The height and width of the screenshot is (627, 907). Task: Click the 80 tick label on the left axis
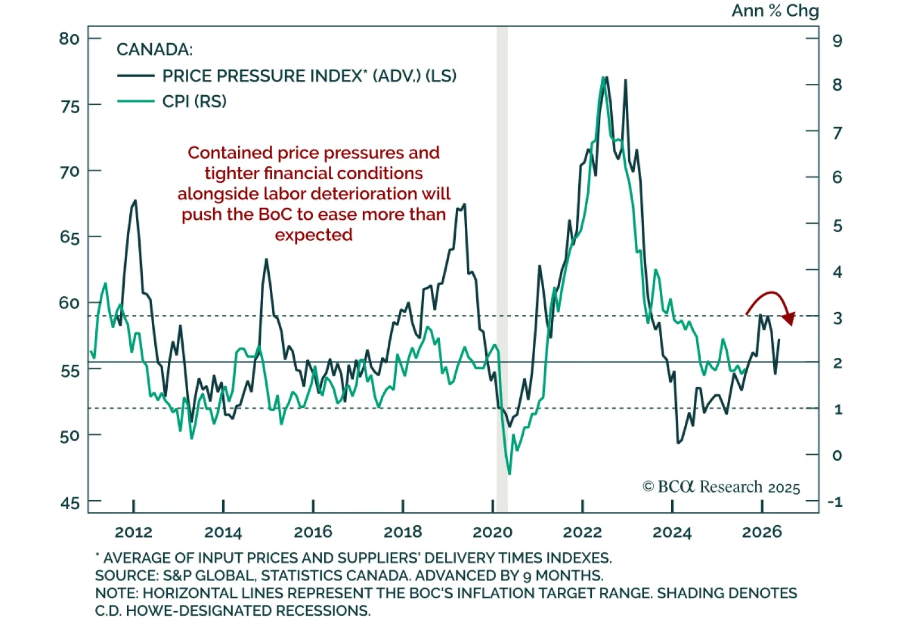tap(69, 39)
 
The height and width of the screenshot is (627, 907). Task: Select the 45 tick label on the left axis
tap(70, 502)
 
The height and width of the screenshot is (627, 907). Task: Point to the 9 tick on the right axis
tap(837, 40)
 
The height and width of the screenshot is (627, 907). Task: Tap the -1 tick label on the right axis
tap(834, 502)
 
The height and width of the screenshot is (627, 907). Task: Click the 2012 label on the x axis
tap(133, 532)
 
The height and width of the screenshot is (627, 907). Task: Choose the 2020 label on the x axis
tap(492, 532)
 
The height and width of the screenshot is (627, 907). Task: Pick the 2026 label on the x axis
tap(762, 532)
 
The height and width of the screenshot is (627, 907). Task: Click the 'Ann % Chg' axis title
tap(774, 11)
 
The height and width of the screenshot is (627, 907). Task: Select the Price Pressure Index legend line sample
tap(135, 76)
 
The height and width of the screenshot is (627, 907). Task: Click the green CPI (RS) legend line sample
tap(135, 101)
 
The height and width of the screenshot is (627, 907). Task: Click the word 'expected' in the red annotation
tap(313, 234)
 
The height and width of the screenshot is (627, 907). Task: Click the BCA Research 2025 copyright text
tap(721, 487)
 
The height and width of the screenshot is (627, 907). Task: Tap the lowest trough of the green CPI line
tap(509, 474)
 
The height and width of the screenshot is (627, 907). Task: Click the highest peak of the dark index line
tap(607, 77)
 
